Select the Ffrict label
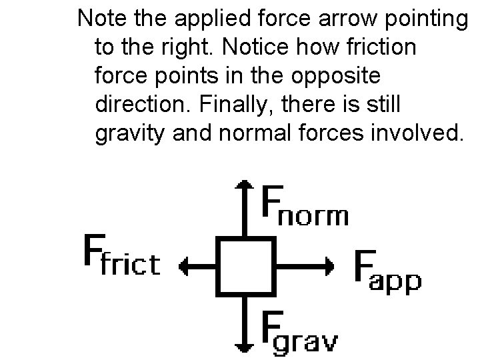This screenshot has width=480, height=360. point(121,256)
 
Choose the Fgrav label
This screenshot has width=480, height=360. point(299,331)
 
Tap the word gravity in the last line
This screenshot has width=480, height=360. point(129,133)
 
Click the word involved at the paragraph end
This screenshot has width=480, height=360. point(421,133)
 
